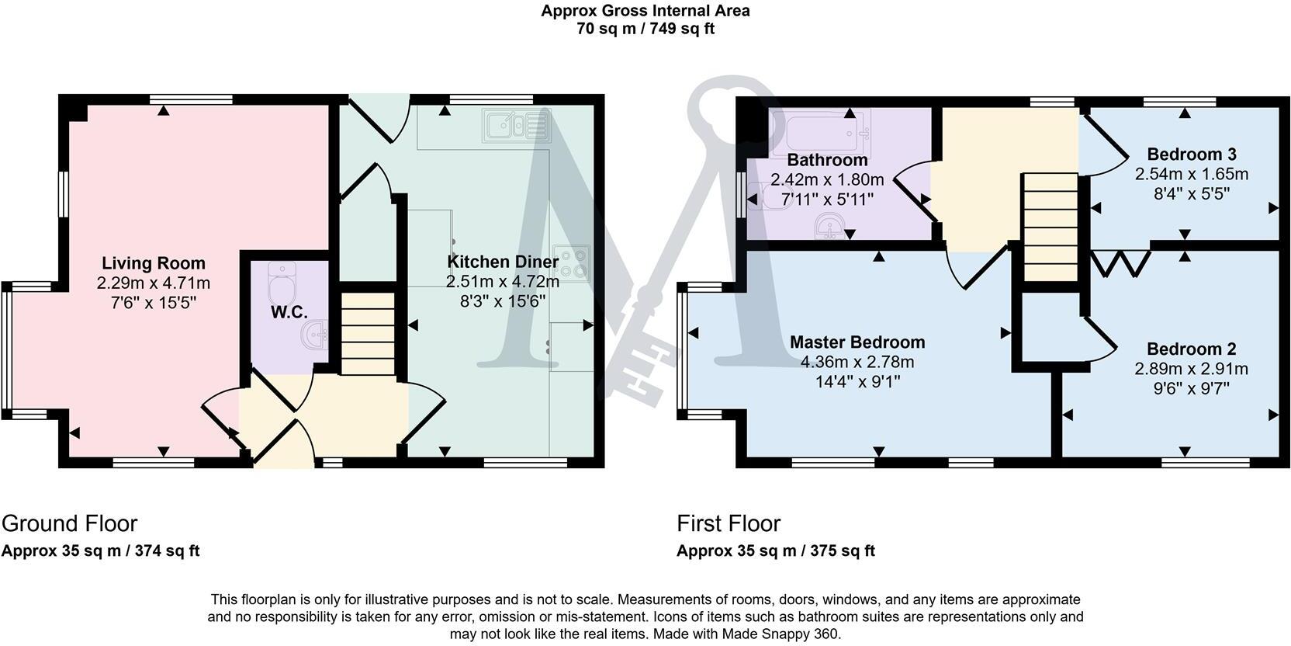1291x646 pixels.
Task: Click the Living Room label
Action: (154, 263)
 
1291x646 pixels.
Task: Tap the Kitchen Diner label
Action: (503, 262)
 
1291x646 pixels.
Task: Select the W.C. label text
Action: (289, 312)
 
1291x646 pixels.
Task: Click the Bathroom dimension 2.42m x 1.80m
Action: (827, 180)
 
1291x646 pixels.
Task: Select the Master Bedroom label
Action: (857, 342)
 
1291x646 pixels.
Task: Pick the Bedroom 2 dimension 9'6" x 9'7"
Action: (1191, 387)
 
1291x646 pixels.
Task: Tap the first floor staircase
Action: (1051, 227)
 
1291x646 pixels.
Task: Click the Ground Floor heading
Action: (69, 523)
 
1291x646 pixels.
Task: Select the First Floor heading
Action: (729, 523)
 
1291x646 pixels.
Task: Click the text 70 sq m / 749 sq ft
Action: (645, 30)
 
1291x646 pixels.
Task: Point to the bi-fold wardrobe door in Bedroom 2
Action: (1120, 262)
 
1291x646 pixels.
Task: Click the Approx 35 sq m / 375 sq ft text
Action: (776, 551)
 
